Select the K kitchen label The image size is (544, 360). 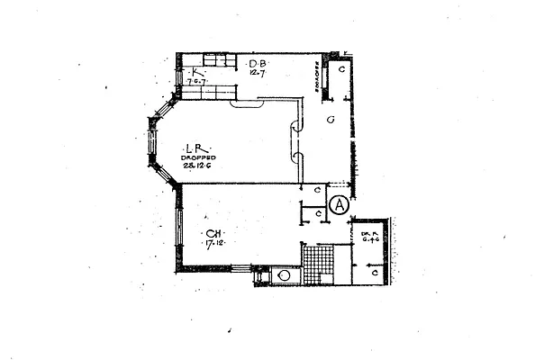(192, 71)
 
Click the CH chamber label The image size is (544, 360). (213, 234)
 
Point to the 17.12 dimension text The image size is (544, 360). (213, 244)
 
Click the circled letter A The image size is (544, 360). (340, 204)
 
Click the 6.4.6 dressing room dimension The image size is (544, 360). (368, 239)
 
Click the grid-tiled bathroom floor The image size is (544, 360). (317, 265)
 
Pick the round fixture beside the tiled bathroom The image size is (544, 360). (284, 275)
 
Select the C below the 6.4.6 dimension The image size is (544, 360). (373, 272)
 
